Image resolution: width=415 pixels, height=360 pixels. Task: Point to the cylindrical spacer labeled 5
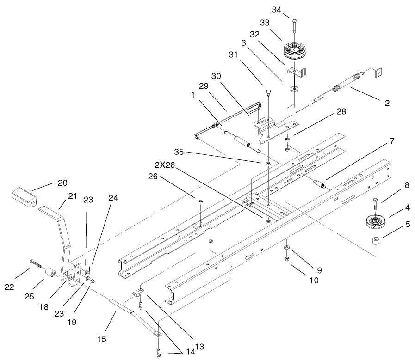(375, 242)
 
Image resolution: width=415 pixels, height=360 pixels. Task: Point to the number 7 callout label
(391, 141)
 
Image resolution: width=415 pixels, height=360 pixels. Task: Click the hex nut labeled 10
(287, 259)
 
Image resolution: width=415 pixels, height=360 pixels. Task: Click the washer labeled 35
(269, 163)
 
